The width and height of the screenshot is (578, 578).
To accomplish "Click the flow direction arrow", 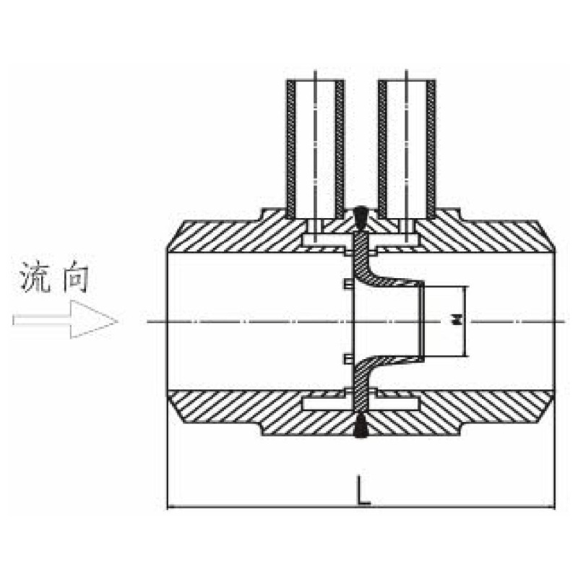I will [65, 320].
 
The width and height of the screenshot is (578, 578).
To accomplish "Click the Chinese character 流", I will [37, 278].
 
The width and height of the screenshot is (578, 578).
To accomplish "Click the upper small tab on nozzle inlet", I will [348, 286].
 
